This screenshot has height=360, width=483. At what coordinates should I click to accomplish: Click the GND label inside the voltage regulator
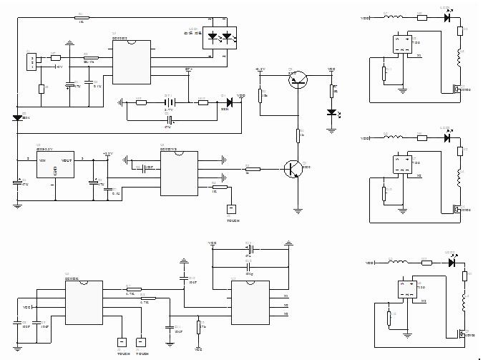coord(54,172)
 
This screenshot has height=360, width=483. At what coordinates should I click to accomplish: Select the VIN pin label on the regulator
coord(42,160)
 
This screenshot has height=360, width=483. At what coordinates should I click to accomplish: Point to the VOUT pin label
coord(67,160)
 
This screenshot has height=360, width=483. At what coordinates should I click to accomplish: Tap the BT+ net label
coord(189,70)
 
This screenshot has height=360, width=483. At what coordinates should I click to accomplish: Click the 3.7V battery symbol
coord(169,102)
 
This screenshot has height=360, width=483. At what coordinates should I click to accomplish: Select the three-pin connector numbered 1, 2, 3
coord(31,62)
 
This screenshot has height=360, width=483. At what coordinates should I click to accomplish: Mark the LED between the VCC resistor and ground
coord(331,112)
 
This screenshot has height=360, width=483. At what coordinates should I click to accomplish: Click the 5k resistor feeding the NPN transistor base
coord(252,169)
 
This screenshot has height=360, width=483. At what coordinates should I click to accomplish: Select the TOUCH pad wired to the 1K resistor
coord(230,209)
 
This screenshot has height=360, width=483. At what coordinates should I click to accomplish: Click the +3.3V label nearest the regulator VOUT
coord(107,153)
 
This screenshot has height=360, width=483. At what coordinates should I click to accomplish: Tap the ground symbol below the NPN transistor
coord(298,210)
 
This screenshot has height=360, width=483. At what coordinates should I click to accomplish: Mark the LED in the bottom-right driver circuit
coord(451,262)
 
